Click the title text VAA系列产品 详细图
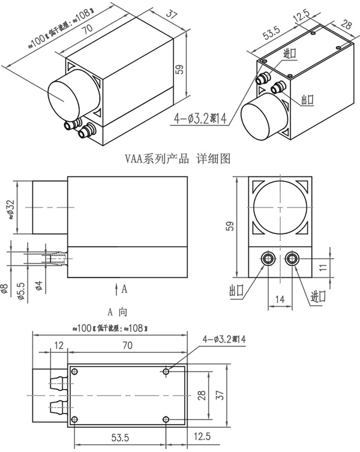pos(178,159)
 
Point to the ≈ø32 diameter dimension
pos(10,208)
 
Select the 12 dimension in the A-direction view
pos(58,345)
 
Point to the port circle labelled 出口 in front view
pos(266,259)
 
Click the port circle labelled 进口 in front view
pos(292,259)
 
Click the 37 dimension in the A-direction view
pos(220,394)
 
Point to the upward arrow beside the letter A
pos(116,288)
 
